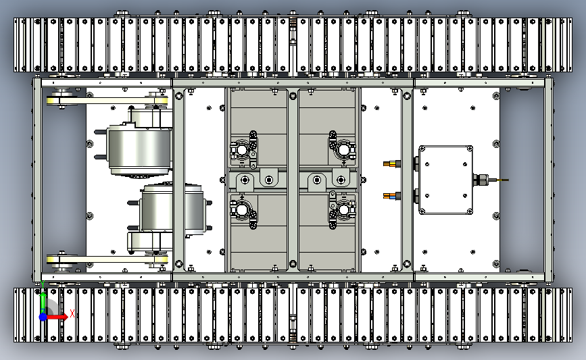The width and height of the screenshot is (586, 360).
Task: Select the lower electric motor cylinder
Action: pos(172,209)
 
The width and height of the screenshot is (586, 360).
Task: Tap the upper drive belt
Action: pos(107,101)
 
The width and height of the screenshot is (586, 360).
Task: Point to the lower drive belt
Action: pos(107,259)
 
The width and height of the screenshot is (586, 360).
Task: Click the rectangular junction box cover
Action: pos(445,180)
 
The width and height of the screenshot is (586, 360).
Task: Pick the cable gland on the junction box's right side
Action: pos(480,180)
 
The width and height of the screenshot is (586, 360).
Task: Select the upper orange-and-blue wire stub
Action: pos(392,163)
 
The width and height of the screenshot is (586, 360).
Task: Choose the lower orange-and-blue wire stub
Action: pos(392,196)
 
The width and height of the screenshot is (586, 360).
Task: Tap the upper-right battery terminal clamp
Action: pos(342,149)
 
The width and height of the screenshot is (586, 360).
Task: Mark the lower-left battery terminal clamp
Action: pos(243,211)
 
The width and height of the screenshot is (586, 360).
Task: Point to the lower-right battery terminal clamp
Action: pos(342,210)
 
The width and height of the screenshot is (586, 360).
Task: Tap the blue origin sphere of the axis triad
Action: pos(43,317)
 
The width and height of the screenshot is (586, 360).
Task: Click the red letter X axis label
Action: pos(72,313)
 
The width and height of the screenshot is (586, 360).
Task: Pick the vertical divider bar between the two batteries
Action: pos(293,180)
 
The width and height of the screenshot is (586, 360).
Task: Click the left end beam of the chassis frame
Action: pos(37,180)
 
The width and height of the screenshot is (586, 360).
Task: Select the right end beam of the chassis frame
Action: pos(548,180)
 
